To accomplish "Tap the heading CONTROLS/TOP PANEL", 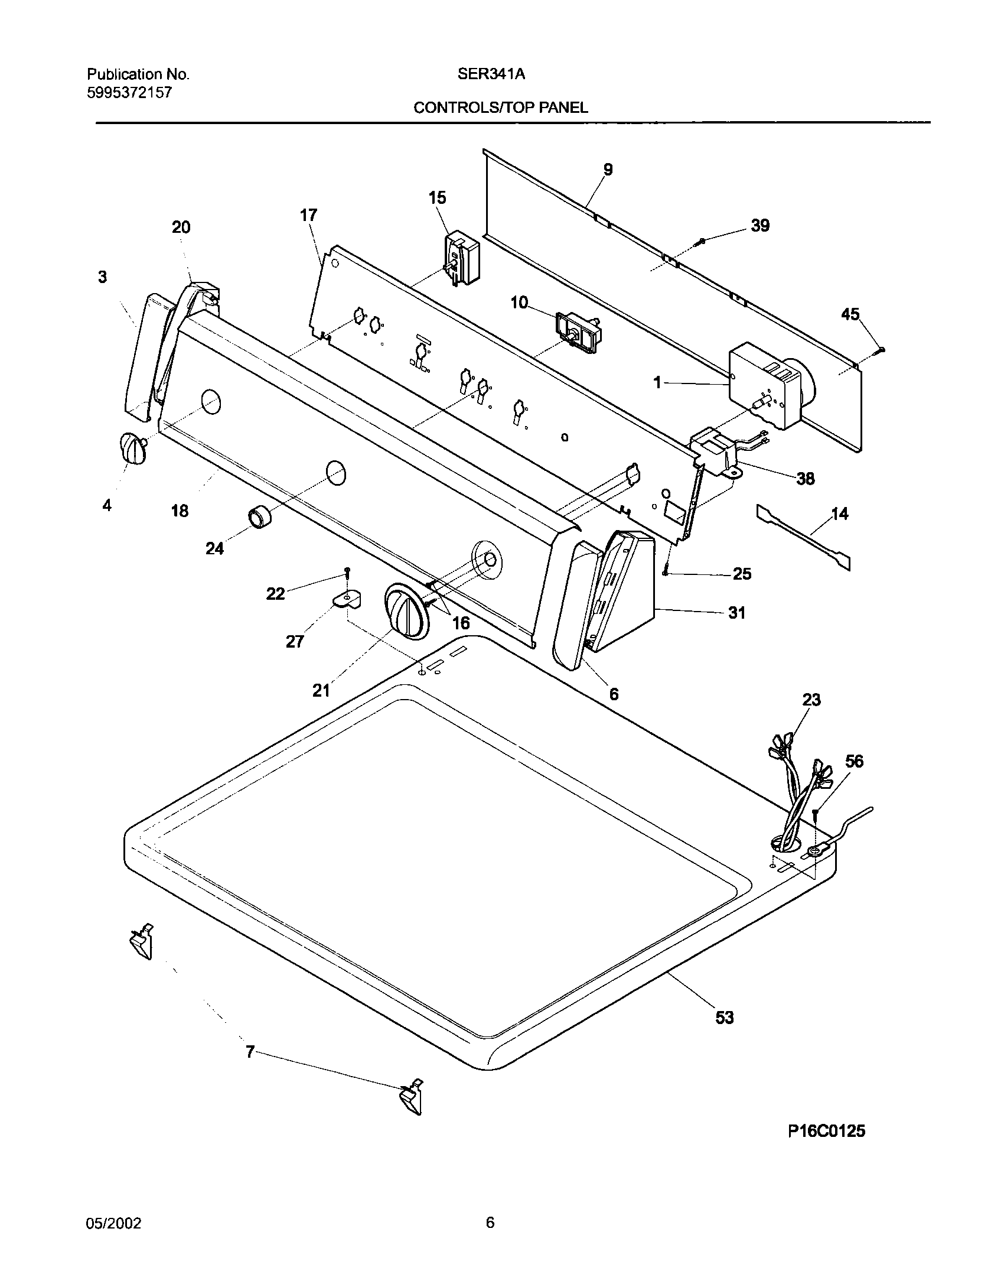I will [500, 108].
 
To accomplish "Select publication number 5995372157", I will [129, 92].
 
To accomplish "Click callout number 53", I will [724, 1017].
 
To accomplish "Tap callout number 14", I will [839, 514].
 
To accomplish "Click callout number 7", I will [250, 1052].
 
